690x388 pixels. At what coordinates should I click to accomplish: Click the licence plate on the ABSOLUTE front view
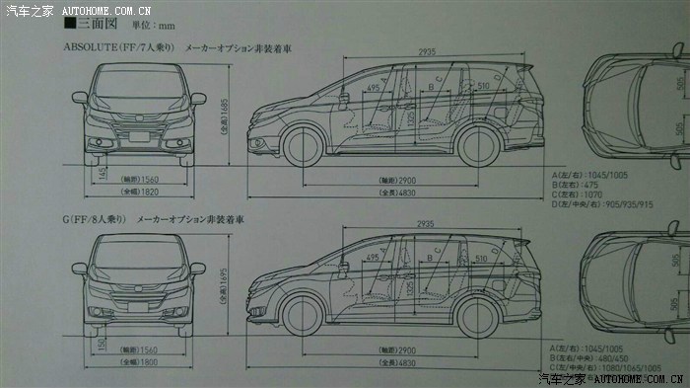point(139,139)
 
